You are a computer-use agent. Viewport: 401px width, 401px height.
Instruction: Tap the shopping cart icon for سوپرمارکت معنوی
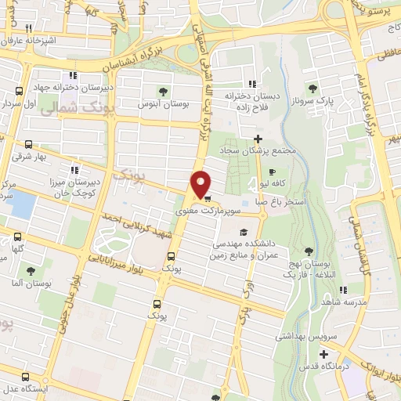tap(207, 199)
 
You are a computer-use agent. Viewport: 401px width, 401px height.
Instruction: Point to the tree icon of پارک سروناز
tap(313, 89)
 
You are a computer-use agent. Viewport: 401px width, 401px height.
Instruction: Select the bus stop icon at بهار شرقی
tap(29, 145)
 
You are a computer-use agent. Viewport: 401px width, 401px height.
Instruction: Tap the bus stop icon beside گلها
tap(17, 236)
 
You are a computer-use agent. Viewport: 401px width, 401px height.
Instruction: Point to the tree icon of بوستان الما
tap(31, 271)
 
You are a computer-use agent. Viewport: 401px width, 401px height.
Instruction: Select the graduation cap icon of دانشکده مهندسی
tap(244, 233)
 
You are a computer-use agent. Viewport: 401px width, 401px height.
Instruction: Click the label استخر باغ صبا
tap(291, 201)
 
